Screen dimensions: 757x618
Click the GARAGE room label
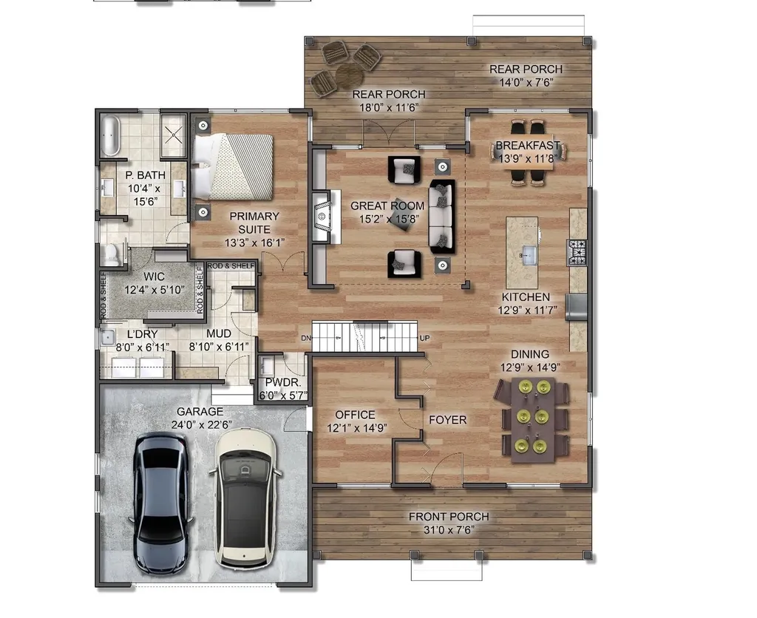point(200,411)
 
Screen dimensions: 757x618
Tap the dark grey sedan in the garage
point(160,503)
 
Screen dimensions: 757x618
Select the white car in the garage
point(245,499)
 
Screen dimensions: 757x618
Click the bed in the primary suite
point(233,166)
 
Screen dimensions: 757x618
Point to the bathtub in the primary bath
point(111,135)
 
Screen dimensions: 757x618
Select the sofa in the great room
point(442,217)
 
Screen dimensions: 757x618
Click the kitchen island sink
point(528,254)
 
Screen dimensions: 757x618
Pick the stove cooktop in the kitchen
point(577,252)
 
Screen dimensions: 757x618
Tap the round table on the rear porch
point(349,75)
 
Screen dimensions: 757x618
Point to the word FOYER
point(447,420)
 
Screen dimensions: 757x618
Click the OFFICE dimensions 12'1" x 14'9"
point(357,428)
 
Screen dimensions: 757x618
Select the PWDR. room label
point(283,382)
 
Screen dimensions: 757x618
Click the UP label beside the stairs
point(424,338)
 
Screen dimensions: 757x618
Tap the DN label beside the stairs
point(306,338)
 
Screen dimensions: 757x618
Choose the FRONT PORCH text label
point(449,517)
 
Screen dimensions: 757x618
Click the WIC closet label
point(154,276)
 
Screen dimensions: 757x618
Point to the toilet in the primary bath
point(112,254)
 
